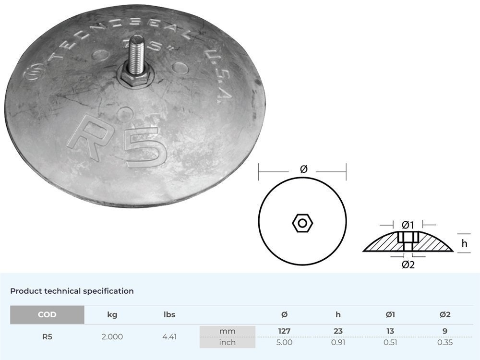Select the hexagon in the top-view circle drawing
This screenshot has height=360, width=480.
(302, 223)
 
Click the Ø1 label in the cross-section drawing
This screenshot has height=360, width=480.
(408, 224)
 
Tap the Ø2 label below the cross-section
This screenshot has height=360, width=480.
(408, 264)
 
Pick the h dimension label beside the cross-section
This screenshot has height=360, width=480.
(464, 244)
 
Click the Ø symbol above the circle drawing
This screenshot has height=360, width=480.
(303, 169)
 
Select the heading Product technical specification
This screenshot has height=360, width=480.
(72, 291)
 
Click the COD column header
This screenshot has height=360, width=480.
(47, 315)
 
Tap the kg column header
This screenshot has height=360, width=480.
(112, 315)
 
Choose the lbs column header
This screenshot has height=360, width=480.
(169, 315)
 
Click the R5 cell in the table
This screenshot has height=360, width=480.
(47, 336)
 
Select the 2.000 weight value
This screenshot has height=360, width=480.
(112, 336)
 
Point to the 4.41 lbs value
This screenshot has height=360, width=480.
(169, 336)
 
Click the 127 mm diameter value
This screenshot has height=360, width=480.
(284, 331)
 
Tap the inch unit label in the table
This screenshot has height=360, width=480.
(228, 342)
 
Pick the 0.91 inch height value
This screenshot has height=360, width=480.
(338, 342)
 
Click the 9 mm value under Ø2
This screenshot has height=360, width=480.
(445, 331)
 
